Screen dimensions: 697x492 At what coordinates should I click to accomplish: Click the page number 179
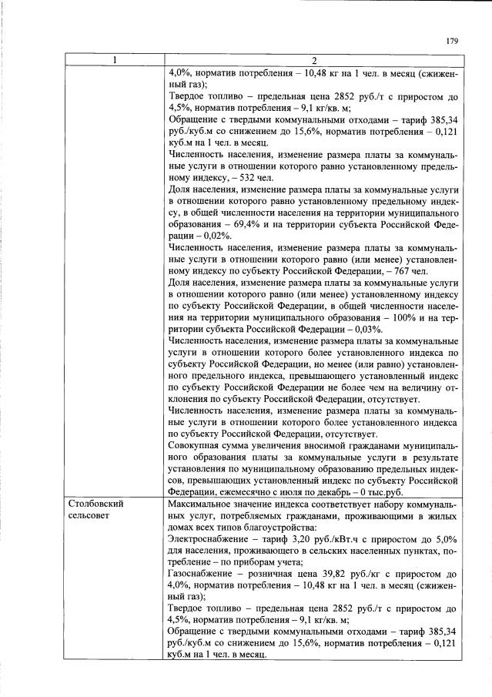[452, 42]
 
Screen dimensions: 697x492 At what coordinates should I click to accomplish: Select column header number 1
[114, 62]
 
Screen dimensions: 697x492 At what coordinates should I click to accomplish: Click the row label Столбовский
[93, 503]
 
